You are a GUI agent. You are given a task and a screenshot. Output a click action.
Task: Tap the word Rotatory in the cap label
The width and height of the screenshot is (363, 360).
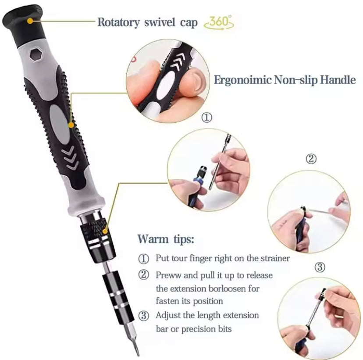[118, 22]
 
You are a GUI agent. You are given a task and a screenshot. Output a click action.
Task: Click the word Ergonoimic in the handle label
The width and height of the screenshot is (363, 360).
[240, 80]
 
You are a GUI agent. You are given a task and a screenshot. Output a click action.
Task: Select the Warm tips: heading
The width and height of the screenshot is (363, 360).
[165, 239]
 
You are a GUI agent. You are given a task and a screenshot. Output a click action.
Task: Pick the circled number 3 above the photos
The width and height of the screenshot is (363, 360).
[320, 267]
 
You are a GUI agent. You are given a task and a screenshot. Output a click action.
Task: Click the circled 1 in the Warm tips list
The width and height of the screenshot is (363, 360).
[143, 258]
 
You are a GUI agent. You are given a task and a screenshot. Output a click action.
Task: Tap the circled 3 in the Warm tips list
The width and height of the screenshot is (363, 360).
[143, 316]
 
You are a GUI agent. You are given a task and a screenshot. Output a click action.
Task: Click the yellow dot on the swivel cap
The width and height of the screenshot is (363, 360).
[30, 21]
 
